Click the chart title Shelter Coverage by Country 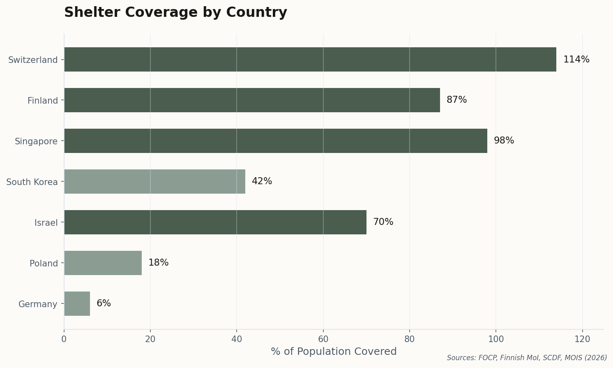point(175,12)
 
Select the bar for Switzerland point(310,60)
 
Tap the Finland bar point(252,100)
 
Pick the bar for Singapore point(276,141)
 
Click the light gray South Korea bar point(154,181)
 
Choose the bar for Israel point(215,222)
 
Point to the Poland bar point(103,263)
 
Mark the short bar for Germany point(77,303)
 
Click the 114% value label point(576,60)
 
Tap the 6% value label point(104,303)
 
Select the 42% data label point(262,181)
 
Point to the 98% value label point(504,141)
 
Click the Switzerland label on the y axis point(33,60)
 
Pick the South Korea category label point(32,182)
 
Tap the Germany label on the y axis point(38,304)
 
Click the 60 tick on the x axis point(323,339)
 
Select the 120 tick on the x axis point(582,339)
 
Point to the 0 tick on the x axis point(64,339)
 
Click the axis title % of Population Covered point(334,352)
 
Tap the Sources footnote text point(527,358)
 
